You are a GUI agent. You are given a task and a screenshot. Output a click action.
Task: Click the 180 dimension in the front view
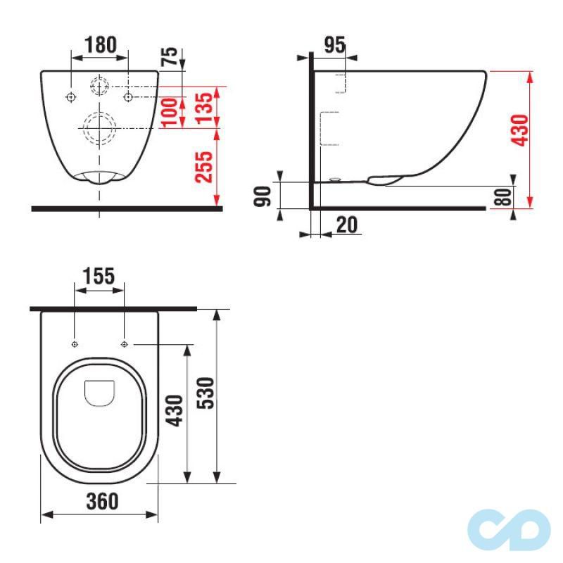(101, 44)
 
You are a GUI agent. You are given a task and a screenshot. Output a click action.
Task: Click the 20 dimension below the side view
(346, 225)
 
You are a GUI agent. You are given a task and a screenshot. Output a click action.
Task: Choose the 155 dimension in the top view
(99, 276)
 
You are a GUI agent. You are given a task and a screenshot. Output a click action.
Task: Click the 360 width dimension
(99, 502)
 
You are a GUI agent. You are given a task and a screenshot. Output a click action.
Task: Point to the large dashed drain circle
(100, 128)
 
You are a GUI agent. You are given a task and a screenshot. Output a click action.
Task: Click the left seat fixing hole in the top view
(75, 344)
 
